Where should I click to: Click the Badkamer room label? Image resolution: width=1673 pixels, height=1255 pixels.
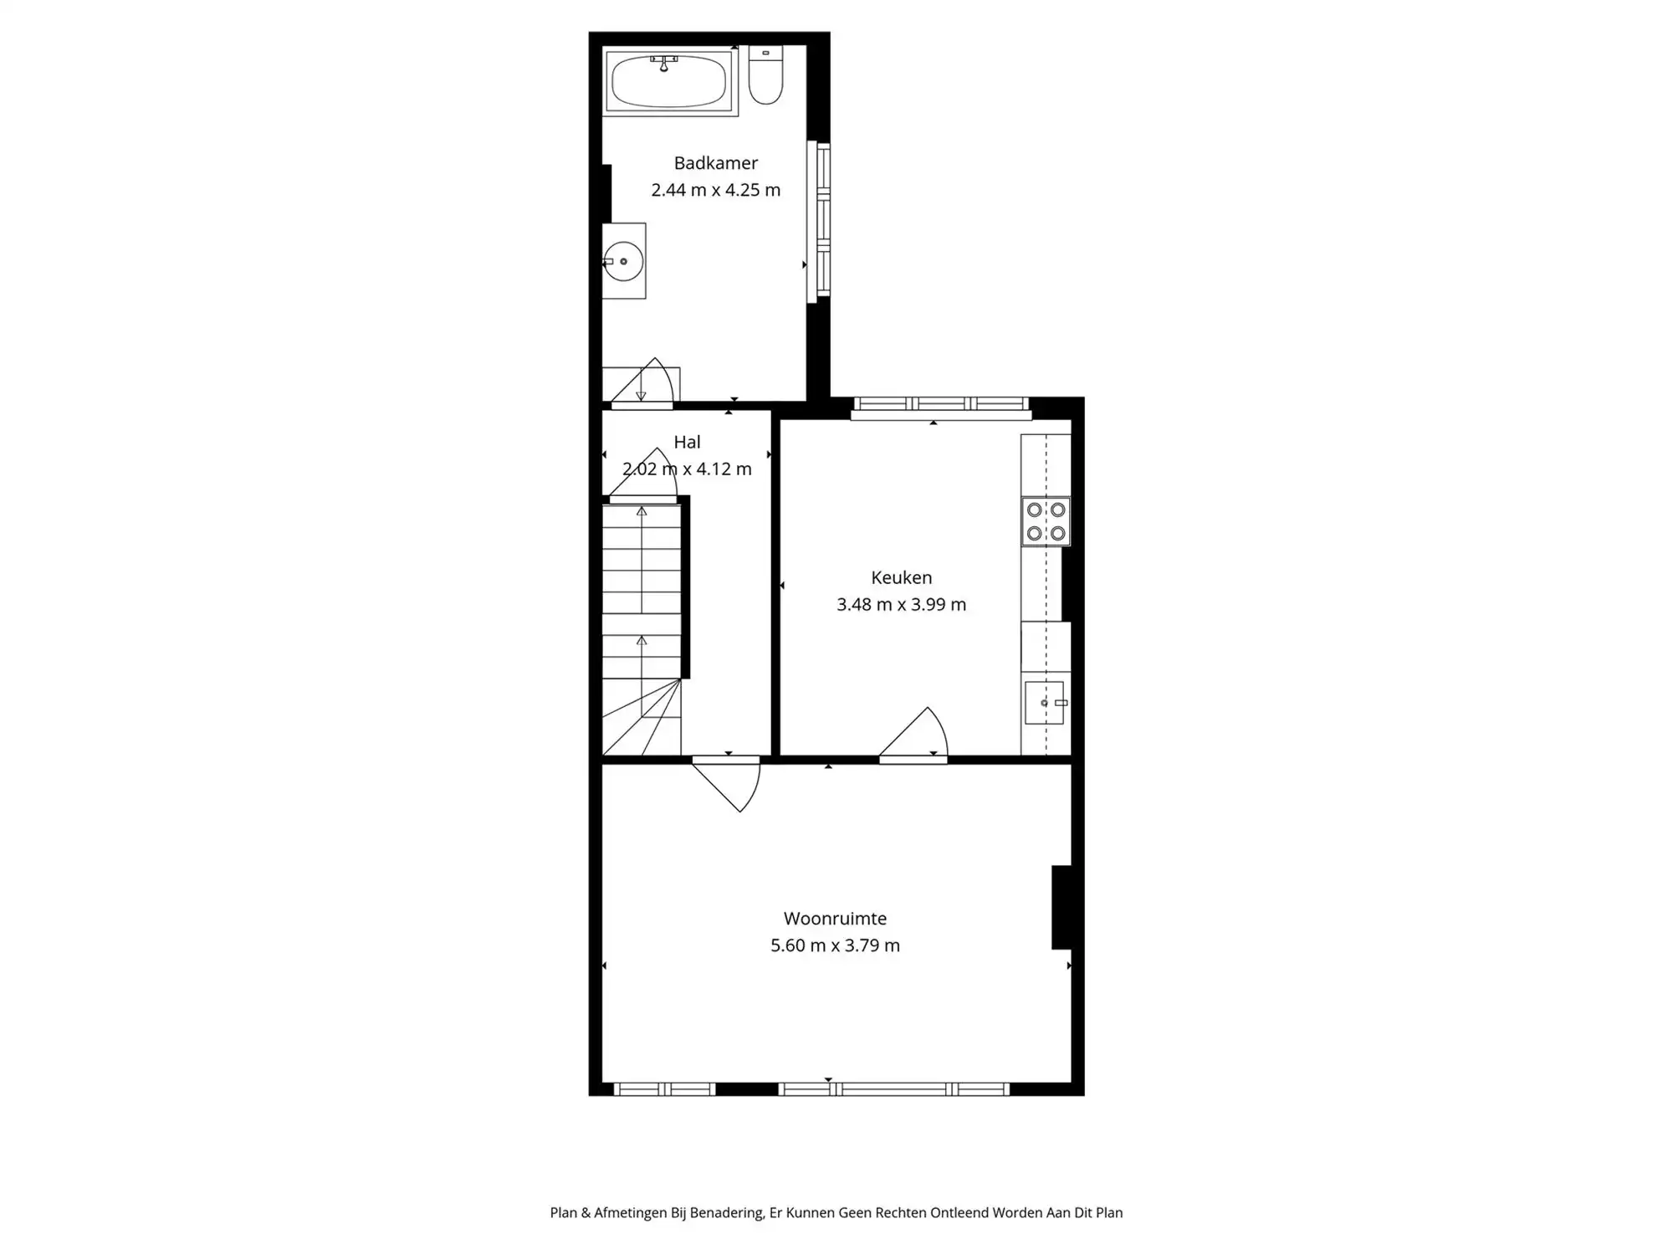tap(716, 163)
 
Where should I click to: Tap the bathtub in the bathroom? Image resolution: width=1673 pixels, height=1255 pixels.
tap(668, 82)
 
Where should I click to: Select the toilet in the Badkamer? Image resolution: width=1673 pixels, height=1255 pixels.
tap(765, 76)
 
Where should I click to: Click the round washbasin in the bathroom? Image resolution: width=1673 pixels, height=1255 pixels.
tap(624, 262)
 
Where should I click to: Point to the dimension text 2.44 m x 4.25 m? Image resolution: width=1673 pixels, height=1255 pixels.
tap(716, 190)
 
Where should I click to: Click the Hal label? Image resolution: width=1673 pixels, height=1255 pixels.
tap(687, 442)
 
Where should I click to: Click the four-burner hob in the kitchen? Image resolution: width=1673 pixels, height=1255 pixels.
tap(1046, 521)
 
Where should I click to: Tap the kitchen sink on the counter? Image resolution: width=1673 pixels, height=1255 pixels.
tap(1044, 703)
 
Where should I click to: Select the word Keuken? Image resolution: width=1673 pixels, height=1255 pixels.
tap(901, 577)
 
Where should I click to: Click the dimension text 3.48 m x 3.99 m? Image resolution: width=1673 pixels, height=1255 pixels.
tap(901, 604)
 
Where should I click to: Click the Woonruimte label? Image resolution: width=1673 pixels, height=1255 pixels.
tap(835, 919)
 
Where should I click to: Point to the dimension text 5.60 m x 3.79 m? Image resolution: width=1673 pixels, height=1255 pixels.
tap(835, 945)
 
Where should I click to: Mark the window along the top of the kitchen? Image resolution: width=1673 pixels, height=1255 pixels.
tap(941, 406)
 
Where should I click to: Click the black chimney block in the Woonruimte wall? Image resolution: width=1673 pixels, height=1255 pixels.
tap(1062, 908)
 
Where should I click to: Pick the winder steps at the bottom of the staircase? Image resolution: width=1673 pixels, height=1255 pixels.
tap(642, 720)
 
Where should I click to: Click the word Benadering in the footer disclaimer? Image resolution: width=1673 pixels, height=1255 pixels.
tap(725, 1213)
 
